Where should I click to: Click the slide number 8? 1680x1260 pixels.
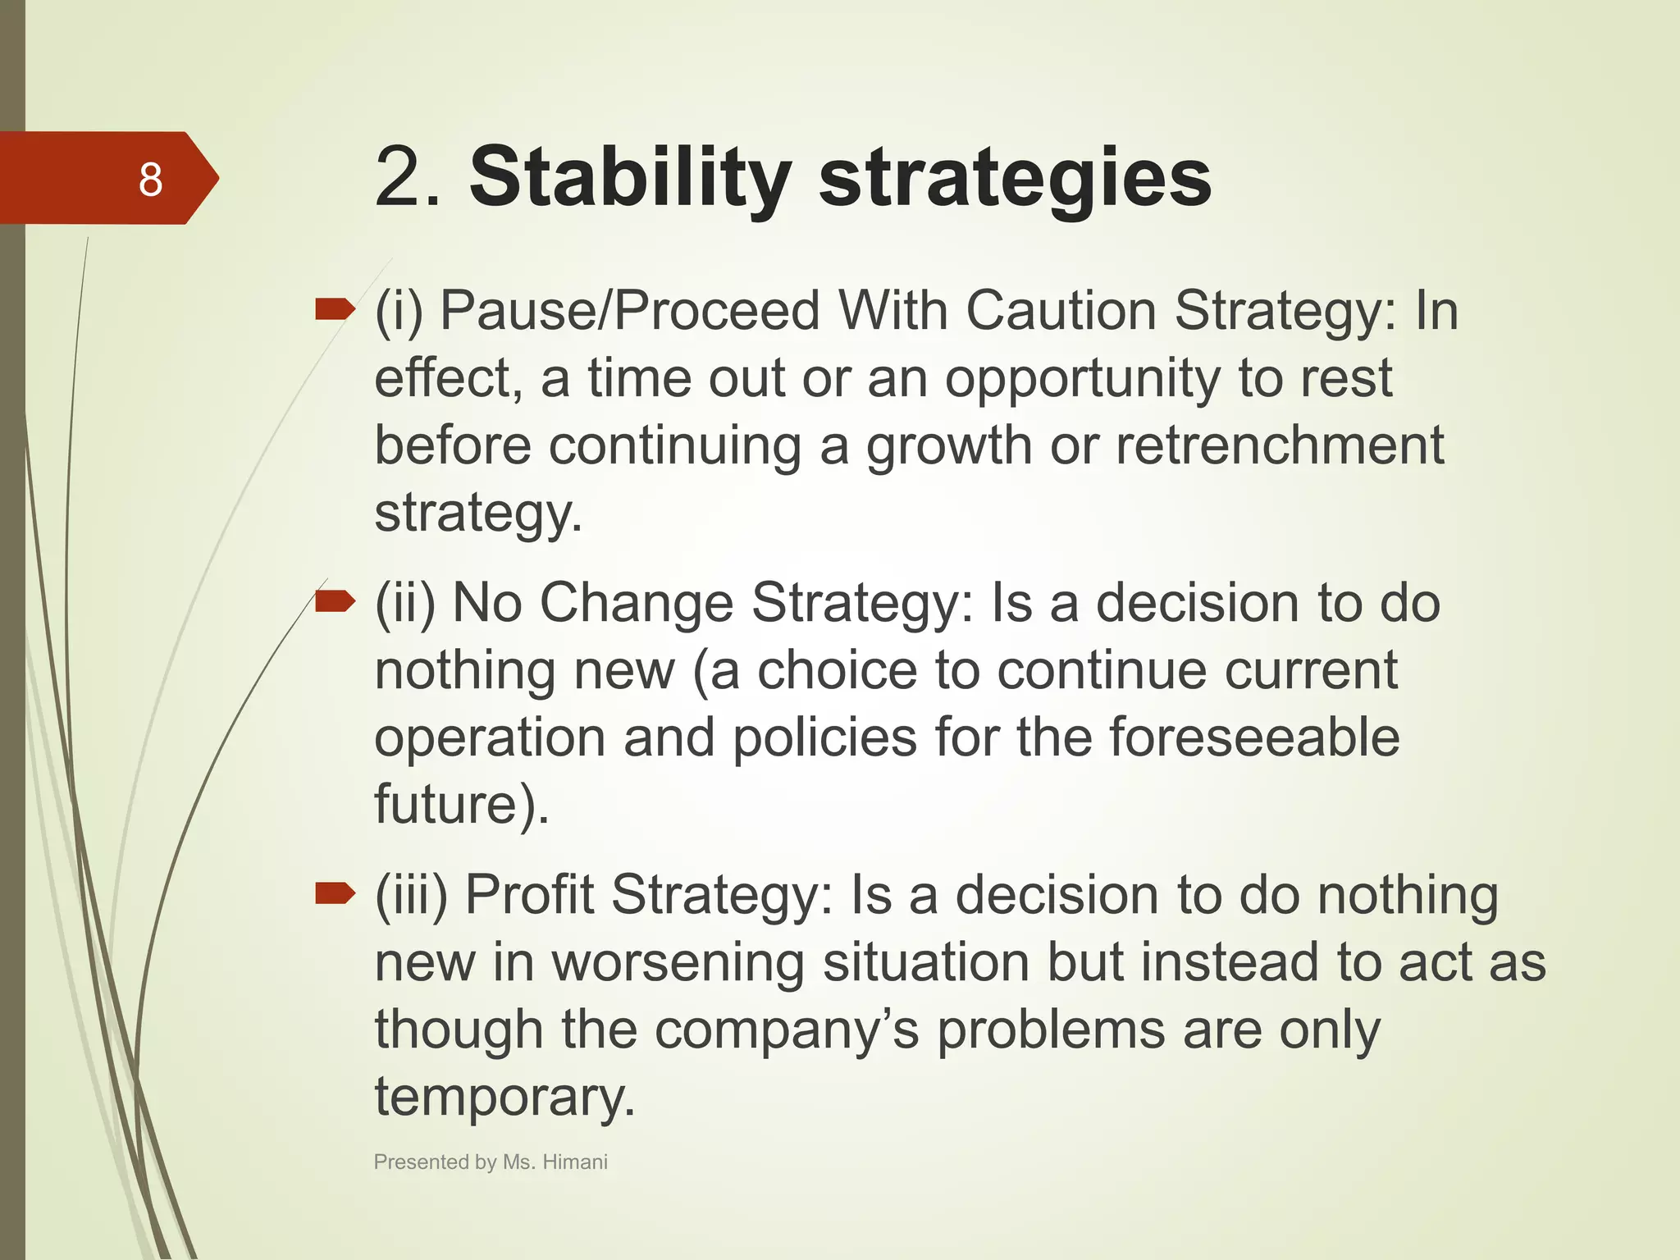click(x=150, y=179)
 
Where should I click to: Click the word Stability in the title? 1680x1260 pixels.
click(x=629, y=178)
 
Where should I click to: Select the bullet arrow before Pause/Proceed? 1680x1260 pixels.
click(x=335, y=309)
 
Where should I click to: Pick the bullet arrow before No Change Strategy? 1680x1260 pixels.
click(x=335, y=602)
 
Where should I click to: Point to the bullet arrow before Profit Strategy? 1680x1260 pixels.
click(x=335, y=892)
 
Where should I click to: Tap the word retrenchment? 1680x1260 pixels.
click(x=1279, y=445)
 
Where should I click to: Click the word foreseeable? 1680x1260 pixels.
click(x=1254, y=737)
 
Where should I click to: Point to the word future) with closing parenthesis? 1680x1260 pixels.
click(x=461, y=804)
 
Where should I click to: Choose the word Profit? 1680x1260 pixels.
click(x=529, y=894)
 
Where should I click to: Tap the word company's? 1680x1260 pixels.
click(x=787, y=1030)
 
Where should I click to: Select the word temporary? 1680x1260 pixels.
click(x=504, y=1098)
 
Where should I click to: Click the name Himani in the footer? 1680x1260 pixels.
click(x=575, y=1162)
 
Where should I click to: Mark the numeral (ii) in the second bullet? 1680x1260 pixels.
click(x=404, y=604)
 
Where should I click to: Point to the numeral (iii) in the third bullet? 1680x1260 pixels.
click(x=411, y=895)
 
